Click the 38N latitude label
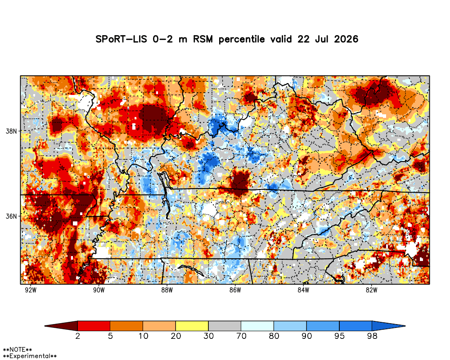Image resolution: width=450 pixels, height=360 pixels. pyautogui.click(x=11, y=131)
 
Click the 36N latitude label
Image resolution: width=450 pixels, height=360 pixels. pyautogui.click(x=11, y=216)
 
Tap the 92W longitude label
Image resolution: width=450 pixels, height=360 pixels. pyautogui.click(x=31, y=290)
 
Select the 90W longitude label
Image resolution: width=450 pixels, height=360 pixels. pyautogui.click(x=99, y=290)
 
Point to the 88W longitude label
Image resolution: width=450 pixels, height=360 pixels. pyautogui.click(x=167, y=290)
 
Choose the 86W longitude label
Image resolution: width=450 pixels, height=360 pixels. pyautogui.click(x=235, y=290)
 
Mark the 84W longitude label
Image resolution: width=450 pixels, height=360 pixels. pyautogui.click(x=303, y=290)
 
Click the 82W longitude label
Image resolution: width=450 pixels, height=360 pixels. pyautogui.click(x=371, y=290)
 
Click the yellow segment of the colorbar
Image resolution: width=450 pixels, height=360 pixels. pyautogui.click(x=192, y=326)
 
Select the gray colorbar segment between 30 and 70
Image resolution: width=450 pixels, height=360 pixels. pyautogui.click(x=225, y=326)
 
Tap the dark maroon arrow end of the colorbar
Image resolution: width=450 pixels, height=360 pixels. pyautogui.click(x=61, y=326)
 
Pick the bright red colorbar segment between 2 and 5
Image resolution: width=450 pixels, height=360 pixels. pyautogui.click(x=94, y=326)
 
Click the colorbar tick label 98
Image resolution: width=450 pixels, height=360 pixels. pyautogui.click(x=372, y=336)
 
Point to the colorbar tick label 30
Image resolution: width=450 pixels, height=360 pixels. pyautogui.click(x=209, y=336)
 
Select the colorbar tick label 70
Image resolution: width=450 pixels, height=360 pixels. pyautogui.click(x=241, y=336)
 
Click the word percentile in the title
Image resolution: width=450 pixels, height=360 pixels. pyautogui.click(x=242, y=39)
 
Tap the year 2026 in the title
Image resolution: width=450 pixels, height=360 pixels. pyautogui.click(x=346, y=39)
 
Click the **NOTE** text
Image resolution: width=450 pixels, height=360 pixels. pyautogui.click(x=18, y=350)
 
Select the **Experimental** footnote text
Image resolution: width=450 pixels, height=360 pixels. pyautogui.click(x=30, y=356)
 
